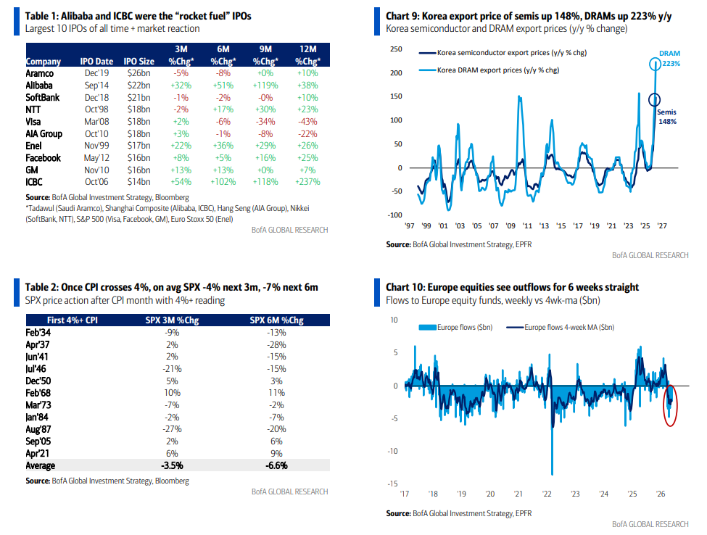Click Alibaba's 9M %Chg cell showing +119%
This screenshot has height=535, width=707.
pyautogui.click(x=265, y=86)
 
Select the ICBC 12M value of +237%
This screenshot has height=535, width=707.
pyautogui.click(x=307, y=182)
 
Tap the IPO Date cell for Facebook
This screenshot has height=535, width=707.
pyautogui.click(x=96, y=158)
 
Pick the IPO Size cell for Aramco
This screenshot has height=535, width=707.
pyautogui.click(x=138, y=73)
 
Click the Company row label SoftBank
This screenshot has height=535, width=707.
pyautogui.click(x=42, y=97)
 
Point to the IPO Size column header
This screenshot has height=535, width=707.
pyautogui.click(x=139, y=62)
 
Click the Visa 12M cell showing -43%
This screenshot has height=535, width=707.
pyautogui.click(x=307, y=122)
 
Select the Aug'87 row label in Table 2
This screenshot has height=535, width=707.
pyautogui.click(x=38, y=429)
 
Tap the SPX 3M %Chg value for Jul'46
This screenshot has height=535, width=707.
pyautogui.click(x=172, y=369)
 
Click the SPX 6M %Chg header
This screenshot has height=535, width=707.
pyautogui.click(x=276, y=320)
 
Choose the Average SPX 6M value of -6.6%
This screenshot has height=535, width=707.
pyautogui.click(x=276, y=465)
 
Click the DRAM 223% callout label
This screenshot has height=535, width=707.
pyautogui.click(x=669, y=58)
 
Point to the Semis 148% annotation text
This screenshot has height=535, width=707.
pyautogui.click(x=667, y=117)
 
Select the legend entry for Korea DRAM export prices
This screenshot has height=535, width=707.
pyautogui.click(x=489, y=70)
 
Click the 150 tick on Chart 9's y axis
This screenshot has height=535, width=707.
pyautogui.click(x=396, y=96)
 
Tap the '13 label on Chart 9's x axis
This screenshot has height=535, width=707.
pyautogui.click(x=544, y=225)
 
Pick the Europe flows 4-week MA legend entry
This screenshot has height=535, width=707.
pyautogui.click(x=560, y=327)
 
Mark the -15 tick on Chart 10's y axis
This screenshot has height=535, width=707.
pyautogui.click(x=393, y=484)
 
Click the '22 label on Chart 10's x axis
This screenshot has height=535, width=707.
pyautogui.click(x=547, y=494)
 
